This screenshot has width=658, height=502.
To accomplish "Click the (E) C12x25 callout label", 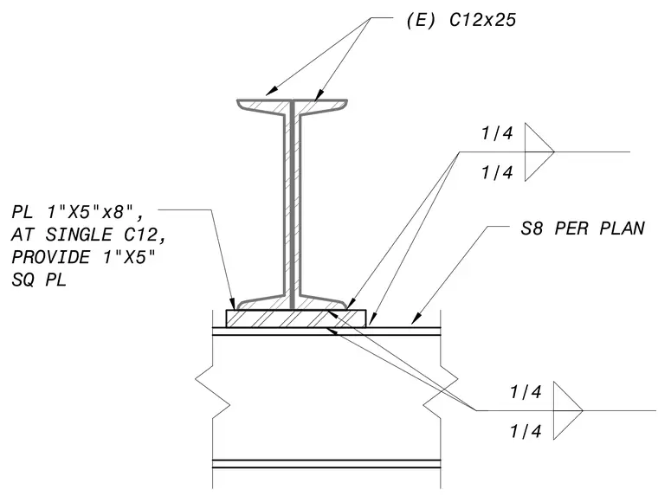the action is click(x=461, y=20).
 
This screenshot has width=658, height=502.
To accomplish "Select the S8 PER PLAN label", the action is click(x=583, y=228).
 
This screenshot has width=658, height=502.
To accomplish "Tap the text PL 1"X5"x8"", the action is click(x=78, y=212).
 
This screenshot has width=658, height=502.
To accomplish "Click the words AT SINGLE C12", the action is click(x=89, y=235).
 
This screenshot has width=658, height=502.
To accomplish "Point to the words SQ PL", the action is click(x=39, y=280).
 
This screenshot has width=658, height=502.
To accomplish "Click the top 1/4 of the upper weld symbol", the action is click(x=497, y=133).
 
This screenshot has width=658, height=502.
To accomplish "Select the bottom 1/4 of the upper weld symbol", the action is click(x=497, y=172).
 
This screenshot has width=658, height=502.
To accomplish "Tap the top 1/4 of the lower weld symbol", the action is click(x=526, y=392).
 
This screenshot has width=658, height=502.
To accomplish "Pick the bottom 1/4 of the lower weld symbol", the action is click(x=526, y=431).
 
